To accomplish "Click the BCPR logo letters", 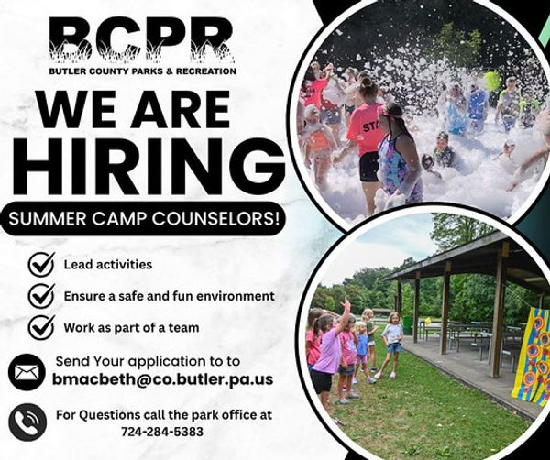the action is click(141, 38).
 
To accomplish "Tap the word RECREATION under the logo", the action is click(206, 71).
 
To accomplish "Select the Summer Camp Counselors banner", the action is click(144, 218).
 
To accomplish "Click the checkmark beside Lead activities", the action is click(42, 264).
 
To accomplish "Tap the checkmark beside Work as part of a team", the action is click(42, 327).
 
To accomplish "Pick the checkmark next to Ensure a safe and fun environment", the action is click(42, 296).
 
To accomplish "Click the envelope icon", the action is click(27, 372).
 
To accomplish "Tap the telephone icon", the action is click(27, 422).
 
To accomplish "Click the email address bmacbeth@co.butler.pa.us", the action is click(163, 379).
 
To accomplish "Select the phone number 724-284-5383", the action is click(162, 432).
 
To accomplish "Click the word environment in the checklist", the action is click(236, 296).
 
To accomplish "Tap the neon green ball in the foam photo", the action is click(491, 81).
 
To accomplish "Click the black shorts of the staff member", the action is click(369, 166).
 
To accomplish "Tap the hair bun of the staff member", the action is click(367, 82).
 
